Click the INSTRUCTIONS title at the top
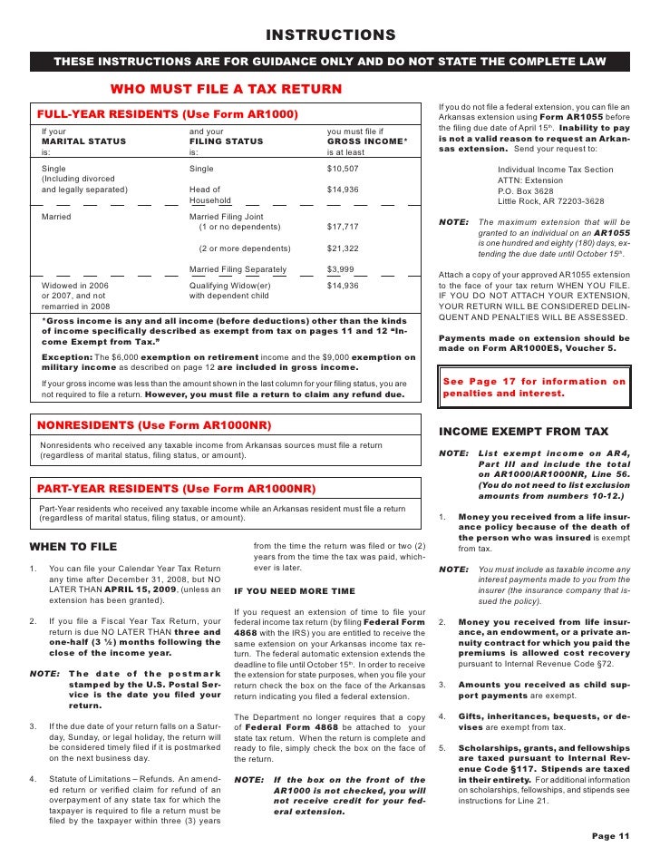click(x=330, y=35)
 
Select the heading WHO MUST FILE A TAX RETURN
click(x=226, y=89)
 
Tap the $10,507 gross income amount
click(x=343, y=169)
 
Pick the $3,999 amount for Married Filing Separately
click(x=340, y=269)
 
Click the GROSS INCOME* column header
click(x=367, y=141)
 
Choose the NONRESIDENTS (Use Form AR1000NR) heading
click(x=154, y=425)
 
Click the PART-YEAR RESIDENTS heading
click(x=176, y=489)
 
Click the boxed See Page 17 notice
click(x=533, y=388)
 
